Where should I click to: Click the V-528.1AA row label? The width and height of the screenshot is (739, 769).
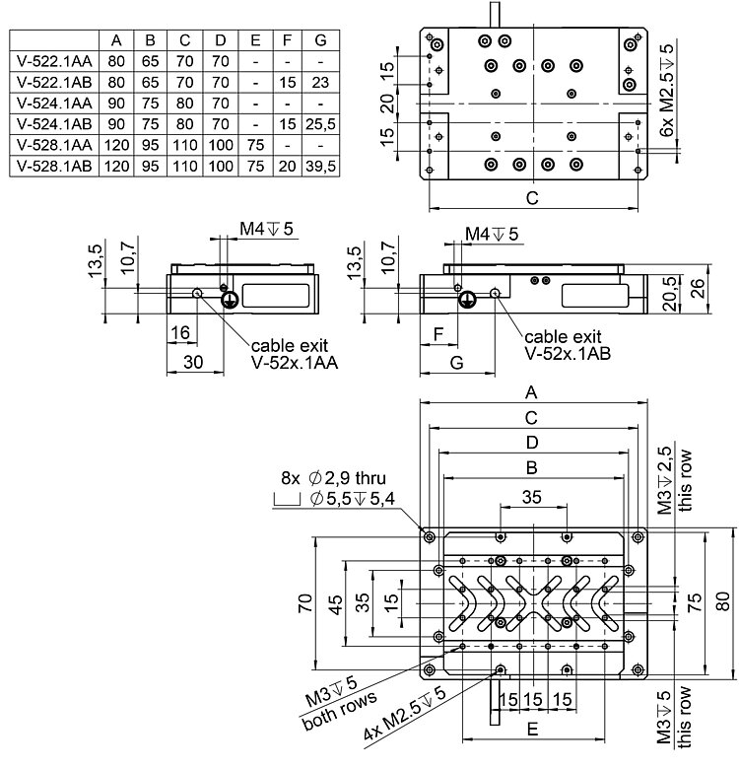(x=54, y=148)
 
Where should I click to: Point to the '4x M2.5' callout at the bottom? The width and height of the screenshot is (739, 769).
(x=404, y=716)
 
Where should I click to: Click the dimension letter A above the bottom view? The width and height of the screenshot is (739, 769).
(x=533, y=391)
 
